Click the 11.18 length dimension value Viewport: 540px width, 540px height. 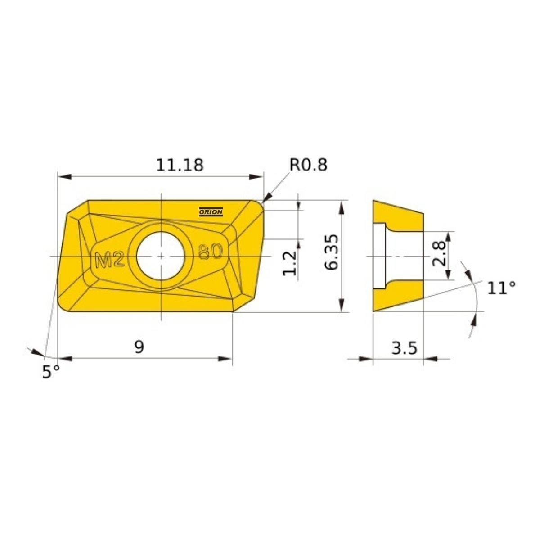point(180,165)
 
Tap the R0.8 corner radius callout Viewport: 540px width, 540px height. point(308,165)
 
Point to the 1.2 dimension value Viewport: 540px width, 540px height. point(289,263)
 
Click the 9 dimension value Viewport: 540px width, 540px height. point(139,347)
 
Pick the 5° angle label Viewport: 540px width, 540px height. point(51,372)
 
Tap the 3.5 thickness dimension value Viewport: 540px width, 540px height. point(404,348)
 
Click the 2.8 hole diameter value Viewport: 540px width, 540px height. point(439,253)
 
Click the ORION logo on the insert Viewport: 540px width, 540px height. point(211,212)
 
